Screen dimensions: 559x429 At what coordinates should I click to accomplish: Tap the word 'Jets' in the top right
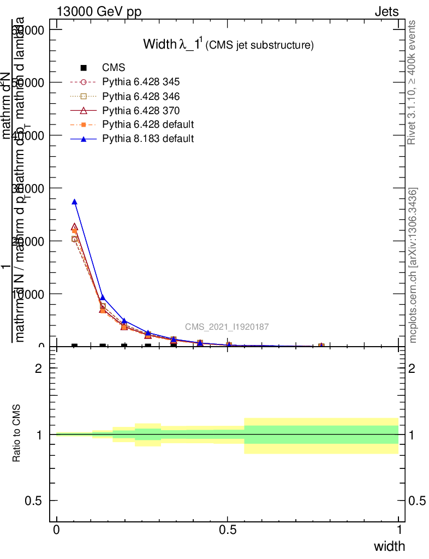(x=386, y=12)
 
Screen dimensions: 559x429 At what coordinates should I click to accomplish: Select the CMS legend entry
(x=114, y=68)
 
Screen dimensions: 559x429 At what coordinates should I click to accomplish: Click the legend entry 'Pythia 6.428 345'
(x=141, y=82)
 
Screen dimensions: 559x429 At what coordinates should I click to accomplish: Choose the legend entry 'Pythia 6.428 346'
(x=141, y=96)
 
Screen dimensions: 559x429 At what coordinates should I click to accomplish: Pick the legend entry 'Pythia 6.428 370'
(x=141, y=110)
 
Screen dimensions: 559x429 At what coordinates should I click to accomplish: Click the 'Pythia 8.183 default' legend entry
(x=148, y=139)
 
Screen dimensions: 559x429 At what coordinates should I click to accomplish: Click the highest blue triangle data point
(x=74, y=202)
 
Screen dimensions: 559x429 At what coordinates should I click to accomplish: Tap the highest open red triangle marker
(x=74, y=227)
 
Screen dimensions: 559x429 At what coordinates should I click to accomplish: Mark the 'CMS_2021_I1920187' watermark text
(x=227, y=327)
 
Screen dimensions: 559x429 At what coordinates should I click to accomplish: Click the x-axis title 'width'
(x=389, y=546)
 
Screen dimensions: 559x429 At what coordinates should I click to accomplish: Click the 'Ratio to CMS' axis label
(x=17, y=435)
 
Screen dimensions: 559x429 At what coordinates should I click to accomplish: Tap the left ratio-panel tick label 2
(x=39, y=368)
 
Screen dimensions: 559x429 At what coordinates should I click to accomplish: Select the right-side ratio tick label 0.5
(x=417, y=501)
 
